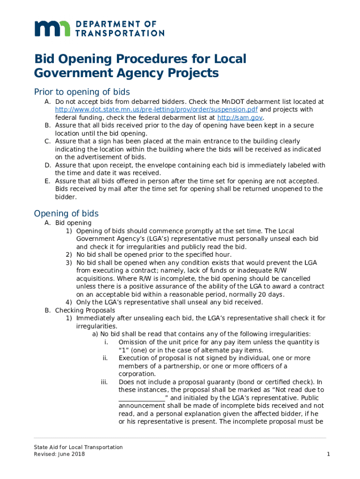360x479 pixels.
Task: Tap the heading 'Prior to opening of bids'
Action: click(x=82, y=92)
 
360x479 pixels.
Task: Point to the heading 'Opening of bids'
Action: click(x=66, y=213)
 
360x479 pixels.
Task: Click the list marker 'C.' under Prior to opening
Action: click(x=47, y=141)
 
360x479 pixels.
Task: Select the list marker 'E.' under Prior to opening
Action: click(x=47, y=181)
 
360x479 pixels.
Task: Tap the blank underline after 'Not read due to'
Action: click(x=142, y=398)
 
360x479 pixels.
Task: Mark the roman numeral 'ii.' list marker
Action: click(x=105, y=358)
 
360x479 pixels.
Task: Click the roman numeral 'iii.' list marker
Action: click(x=105, y=382)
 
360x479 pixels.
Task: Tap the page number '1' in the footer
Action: click(x=329, y=455)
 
